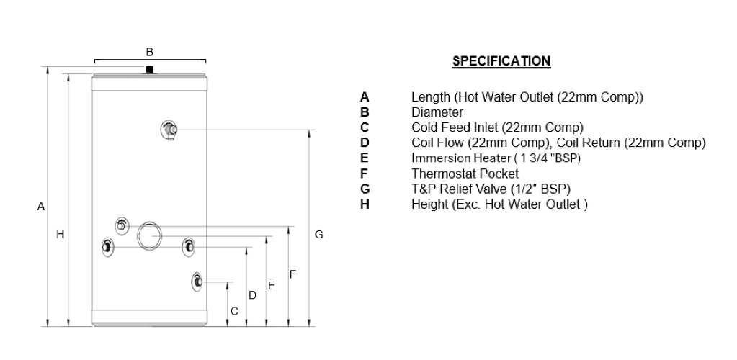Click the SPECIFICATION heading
(501, 61)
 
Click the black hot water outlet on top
(149, 70)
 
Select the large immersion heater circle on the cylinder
(149, 235)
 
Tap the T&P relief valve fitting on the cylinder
(169, 130)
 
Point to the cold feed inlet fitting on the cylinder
(197, 282)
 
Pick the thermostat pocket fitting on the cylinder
(122, 226)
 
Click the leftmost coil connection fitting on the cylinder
(107, 247)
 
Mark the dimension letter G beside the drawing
(318, 235)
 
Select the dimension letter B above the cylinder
(149, 52)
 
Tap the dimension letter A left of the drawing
(41, 207)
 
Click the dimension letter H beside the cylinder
(61, 235)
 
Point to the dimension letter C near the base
(235, 311)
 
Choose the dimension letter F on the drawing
(292, 274)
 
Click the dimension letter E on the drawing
(272, 286)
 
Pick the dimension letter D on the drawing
(252, 295)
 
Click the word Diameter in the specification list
(437, 112)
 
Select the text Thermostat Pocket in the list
(465, 174)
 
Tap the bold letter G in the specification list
(365, 189)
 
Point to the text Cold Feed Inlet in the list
(454, 127)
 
